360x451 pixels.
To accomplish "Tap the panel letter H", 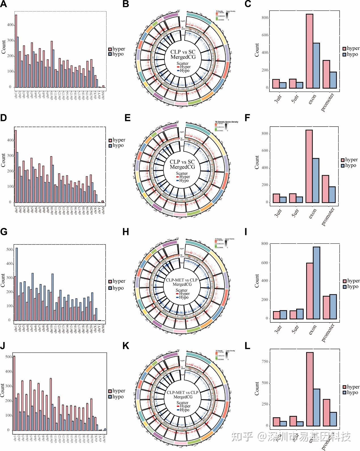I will [x=126, y=232].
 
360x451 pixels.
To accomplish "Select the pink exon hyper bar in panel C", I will [x=310, y=51].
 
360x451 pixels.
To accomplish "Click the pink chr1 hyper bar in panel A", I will [x=16, y=51].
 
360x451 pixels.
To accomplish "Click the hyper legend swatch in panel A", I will [x=110, y=49].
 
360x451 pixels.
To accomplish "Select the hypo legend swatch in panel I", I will [x=345, y=287].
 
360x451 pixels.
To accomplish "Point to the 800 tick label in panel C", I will [x=265, y=18].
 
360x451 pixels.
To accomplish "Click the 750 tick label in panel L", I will [x=265, y=362].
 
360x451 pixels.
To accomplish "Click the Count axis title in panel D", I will [x=3, y=160].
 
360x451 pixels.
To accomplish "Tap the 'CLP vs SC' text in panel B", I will [x=183, y=52].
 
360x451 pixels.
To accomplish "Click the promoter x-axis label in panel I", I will [x=328, y=333].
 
